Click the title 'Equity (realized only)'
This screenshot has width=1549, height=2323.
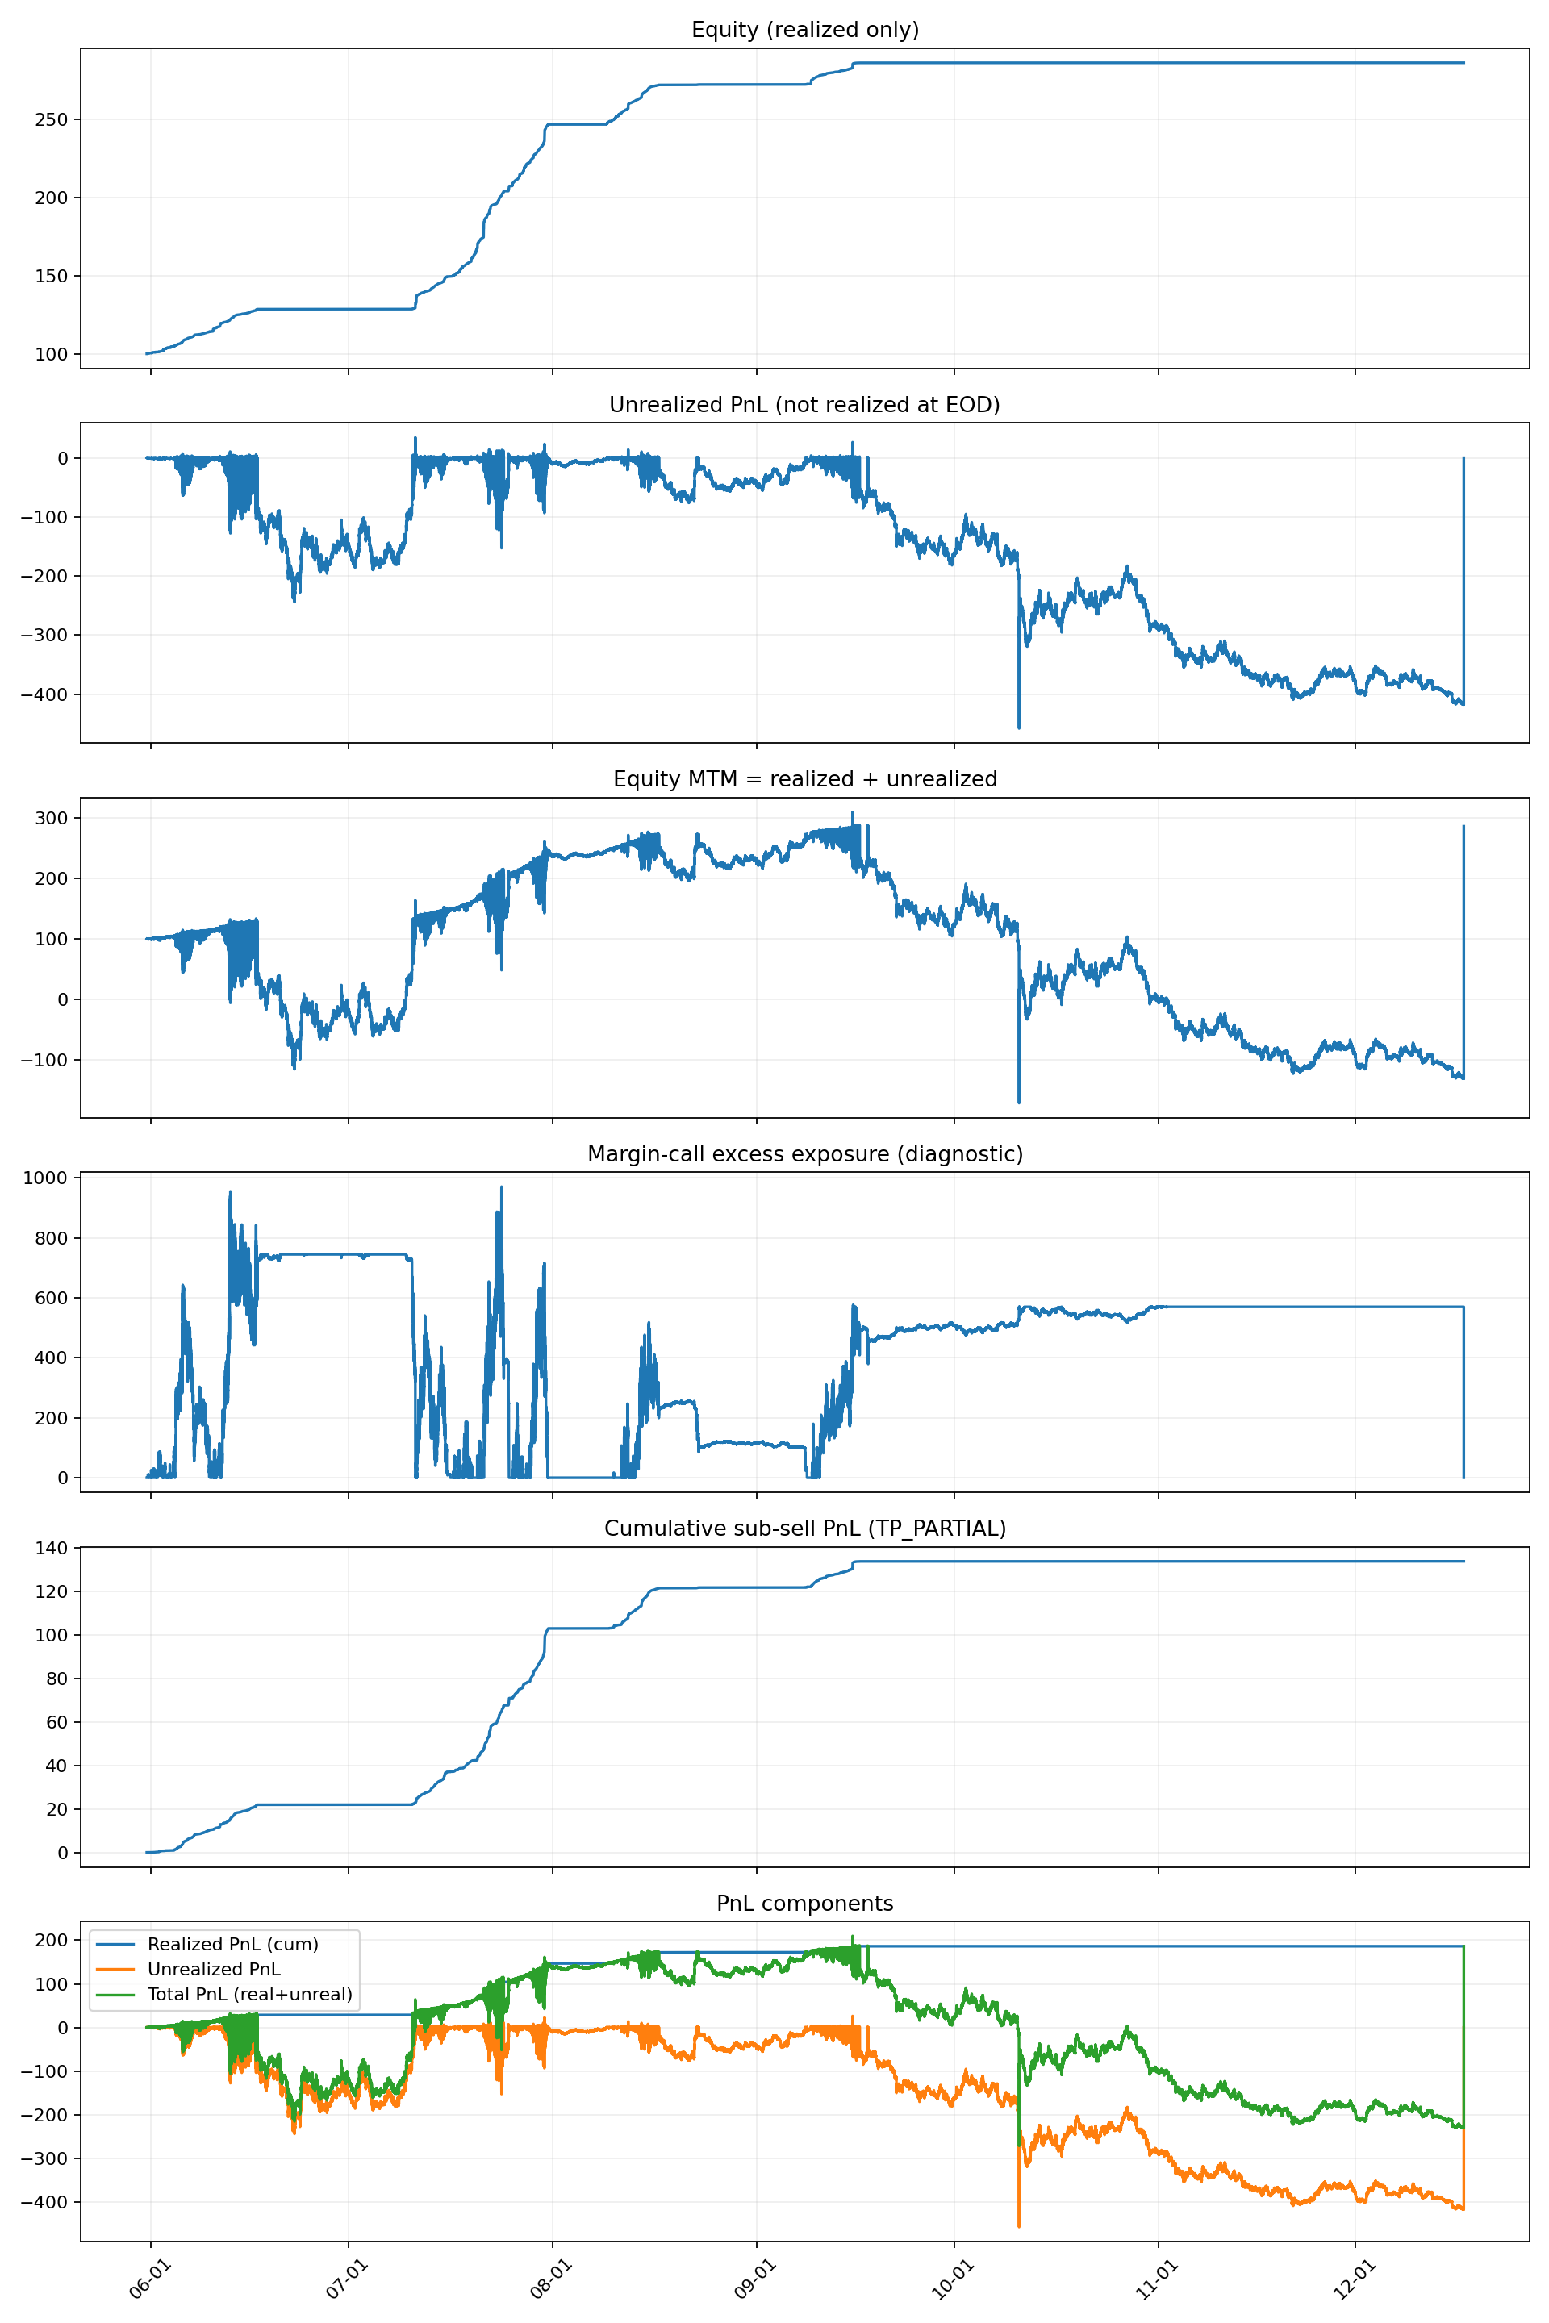point(805,30)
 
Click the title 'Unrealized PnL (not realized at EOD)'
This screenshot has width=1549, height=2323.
point(804,404)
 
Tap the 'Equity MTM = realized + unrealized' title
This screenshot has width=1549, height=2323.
point(805,778)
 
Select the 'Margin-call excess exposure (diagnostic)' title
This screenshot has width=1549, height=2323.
point(805,1153)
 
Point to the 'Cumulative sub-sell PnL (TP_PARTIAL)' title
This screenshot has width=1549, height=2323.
point(805,1528)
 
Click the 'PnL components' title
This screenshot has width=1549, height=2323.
point(805,1904)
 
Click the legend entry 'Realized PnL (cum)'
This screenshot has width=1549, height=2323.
point(233,1944)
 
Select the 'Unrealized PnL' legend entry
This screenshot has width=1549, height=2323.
point(213,1968)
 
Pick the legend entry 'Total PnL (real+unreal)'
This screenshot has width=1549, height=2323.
point(250,1993)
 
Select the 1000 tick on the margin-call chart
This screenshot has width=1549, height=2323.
point(48,1178)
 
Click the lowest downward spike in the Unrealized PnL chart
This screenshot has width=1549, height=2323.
point(1018,728)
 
